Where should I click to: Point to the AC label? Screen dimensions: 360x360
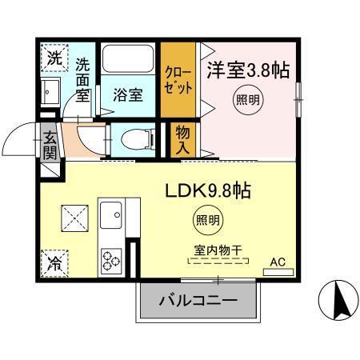[x=278, y=261]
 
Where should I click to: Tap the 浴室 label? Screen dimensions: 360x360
[x=129, y=94]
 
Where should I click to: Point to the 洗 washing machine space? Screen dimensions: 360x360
[x=53, y=58]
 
